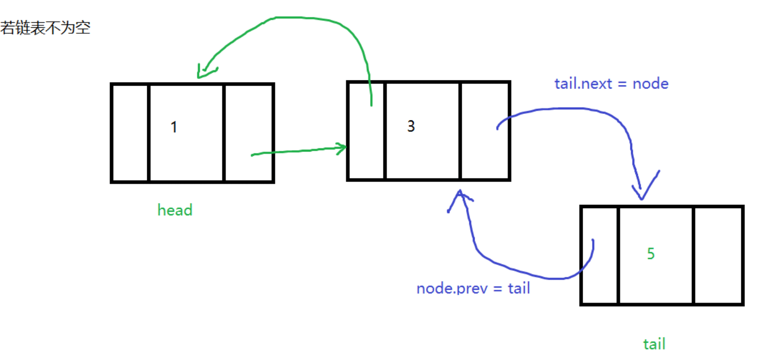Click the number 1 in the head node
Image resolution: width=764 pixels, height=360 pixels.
(173, 127)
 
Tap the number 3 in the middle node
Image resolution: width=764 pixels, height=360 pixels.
(411, 126)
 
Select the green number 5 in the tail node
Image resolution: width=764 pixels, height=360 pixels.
(651, 254)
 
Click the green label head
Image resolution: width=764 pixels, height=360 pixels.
(174, 210)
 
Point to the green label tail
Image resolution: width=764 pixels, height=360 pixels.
(654, 344)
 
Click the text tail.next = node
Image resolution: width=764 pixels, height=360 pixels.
(611, 84)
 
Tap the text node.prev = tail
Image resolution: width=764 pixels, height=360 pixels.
(473, 288)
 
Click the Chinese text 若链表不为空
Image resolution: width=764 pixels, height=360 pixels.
(45, 28)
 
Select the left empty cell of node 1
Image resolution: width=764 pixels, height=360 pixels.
(130, 133)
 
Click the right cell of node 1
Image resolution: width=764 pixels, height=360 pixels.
(249, 133)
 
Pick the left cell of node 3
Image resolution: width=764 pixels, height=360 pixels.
(366, 130)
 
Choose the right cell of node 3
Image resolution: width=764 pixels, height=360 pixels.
(485, 130)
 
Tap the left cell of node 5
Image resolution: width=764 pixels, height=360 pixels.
(600, 255)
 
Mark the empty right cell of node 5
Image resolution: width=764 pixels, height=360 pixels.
(718, 255)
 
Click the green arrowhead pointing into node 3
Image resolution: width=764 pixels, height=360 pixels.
(341, 148)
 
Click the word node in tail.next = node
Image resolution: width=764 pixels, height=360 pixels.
(650, 84)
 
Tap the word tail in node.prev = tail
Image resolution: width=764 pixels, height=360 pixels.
(518, 288)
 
